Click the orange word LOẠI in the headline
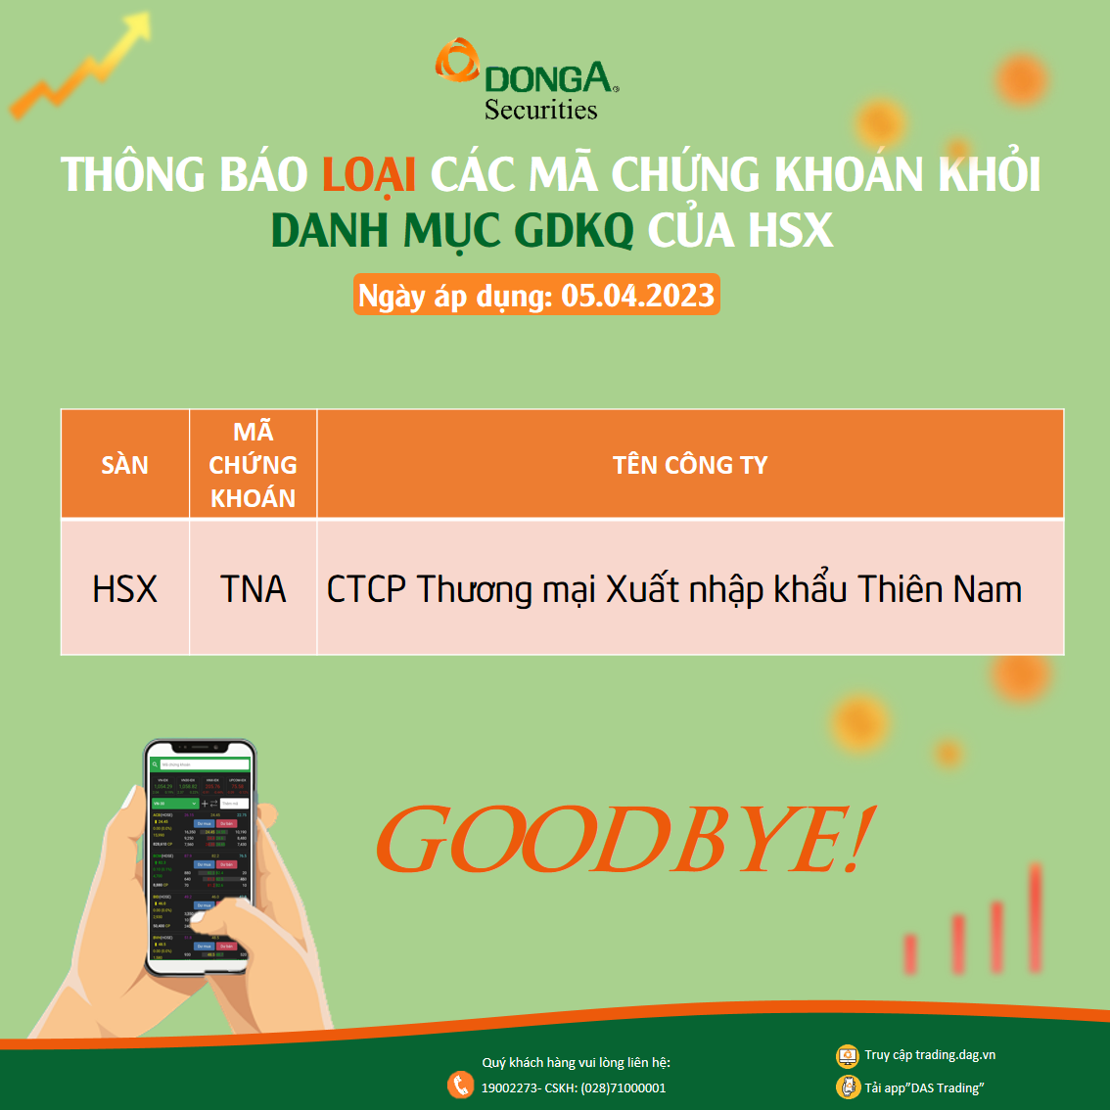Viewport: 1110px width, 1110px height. click(369, 175)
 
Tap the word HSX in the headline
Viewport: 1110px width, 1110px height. click(790, 231)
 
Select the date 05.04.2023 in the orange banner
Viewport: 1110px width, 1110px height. click(638, 296)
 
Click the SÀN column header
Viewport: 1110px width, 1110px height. click(124, 465)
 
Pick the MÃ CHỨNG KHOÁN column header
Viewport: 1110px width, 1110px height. click(253, 465)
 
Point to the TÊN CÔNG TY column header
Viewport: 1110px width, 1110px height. click(690, 465)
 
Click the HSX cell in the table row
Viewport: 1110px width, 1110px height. click(124, 589)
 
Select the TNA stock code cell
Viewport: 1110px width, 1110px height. click(253, 589)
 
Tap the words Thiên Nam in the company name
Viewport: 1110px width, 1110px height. click(940, 589)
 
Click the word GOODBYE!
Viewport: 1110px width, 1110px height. click(623, 840)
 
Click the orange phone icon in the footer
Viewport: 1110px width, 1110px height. click(460, 1085)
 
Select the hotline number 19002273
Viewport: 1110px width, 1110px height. click(509, 1088)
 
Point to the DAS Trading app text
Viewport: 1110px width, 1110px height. click(946, 1088)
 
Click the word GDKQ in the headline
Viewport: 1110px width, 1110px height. click(574, 231)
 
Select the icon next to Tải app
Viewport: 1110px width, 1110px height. click(848, 1087)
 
